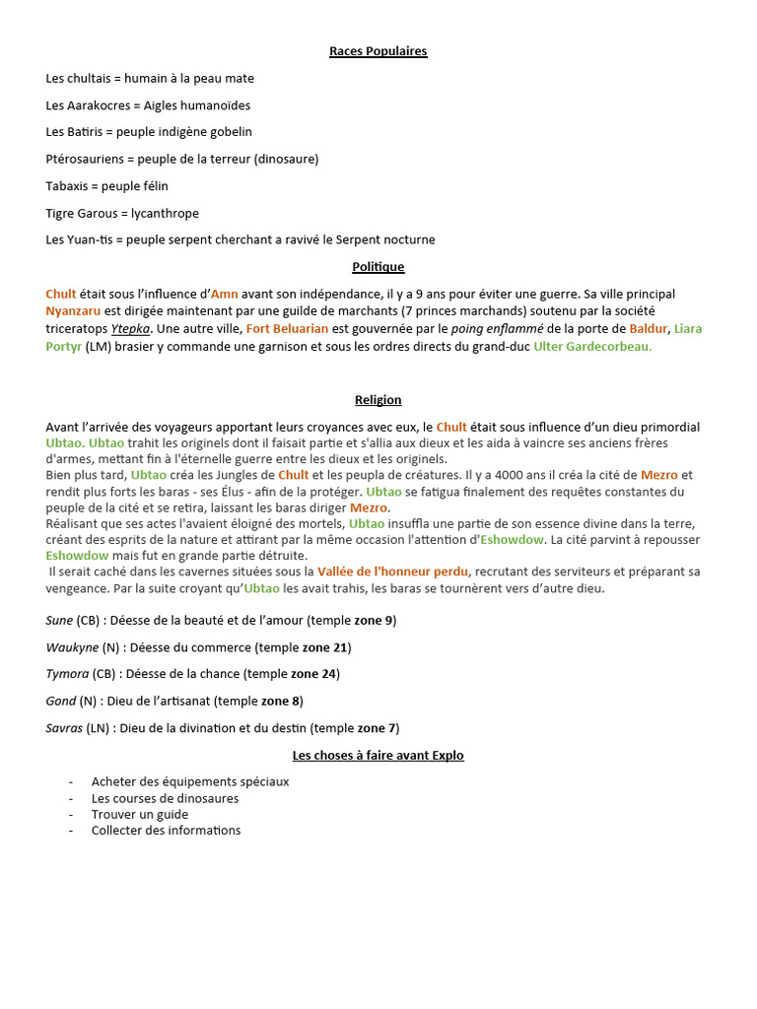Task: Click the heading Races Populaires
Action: click(x=378, y=51)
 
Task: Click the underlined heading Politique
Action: click(x=378, y=266)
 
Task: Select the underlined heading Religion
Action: click(x=378, y=400)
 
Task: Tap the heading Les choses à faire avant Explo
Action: click(x=378, y=755)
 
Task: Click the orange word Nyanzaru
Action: click(x=73, y=310)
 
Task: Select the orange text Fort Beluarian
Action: click(x=288, y=328)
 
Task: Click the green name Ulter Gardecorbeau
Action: click(x=592, y=346)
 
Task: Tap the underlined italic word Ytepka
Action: click(x=130, y=328)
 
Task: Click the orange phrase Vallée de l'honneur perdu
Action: click(x=393, y=572)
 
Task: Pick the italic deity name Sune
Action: click(x=59, y=620)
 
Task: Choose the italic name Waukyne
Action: click(x=72, y=647)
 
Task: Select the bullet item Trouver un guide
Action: click(x=140, y=814)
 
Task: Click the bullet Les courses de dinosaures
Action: click(x=165, y=798)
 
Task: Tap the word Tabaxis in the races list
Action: click(x=66, y=186)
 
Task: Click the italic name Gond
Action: click(x=60, y=701)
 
